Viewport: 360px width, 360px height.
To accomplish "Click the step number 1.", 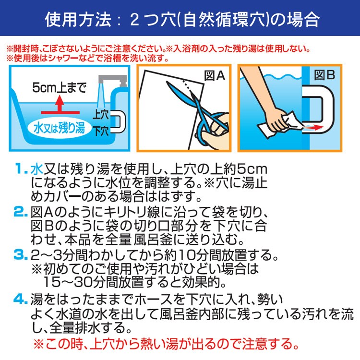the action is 21,169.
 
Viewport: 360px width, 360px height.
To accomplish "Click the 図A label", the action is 215,75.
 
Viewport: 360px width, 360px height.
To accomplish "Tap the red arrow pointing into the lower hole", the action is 312,127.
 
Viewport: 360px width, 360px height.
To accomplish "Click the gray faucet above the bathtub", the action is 112,81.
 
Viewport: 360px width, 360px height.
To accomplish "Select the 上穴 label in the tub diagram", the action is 100,115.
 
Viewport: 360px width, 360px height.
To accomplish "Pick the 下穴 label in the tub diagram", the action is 101,131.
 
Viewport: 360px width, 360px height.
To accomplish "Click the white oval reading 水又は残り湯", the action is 59,128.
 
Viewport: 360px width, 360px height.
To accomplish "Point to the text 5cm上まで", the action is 60,88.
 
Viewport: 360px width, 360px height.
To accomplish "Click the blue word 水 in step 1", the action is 37,169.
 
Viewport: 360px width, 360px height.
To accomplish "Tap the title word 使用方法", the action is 78,20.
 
